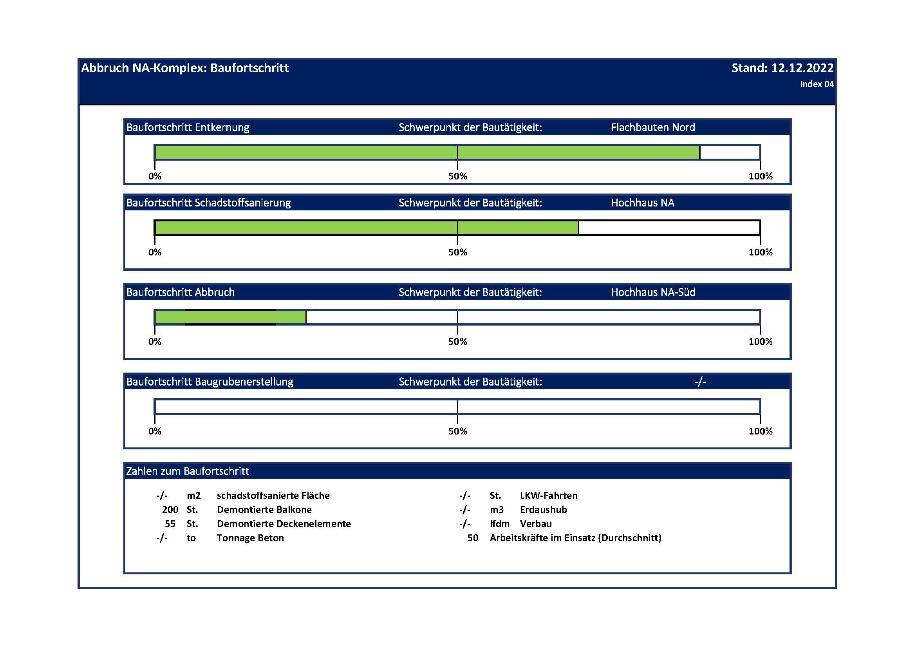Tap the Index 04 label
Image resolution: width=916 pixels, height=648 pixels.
point(817,84)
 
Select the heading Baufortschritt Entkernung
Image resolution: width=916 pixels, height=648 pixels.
point(188,128)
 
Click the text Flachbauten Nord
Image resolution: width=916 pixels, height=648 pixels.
point(653,128)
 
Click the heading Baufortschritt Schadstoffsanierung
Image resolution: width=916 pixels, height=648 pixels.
point(208,203)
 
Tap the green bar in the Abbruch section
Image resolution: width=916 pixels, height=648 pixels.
point(231,317)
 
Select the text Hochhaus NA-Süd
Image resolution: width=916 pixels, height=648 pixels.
point(653,293)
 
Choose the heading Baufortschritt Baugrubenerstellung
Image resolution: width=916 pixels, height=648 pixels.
point(210,382)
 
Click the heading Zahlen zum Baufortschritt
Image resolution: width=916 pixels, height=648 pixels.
point(188,471)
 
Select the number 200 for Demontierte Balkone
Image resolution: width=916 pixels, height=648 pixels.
point(170,510)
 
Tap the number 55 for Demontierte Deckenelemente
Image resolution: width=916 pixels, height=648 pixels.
point(170,524)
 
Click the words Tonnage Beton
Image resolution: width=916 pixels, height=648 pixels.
point(250,538)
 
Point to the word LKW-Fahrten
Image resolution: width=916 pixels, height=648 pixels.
point(549,496)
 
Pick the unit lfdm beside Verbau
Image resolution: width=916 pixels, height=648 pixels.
point(499,524)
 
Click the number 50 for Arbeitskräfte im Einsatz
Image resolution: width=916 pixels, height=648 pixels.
point(473,538)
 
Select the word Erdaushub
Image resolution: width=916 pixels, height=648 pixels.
point(544,510)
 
